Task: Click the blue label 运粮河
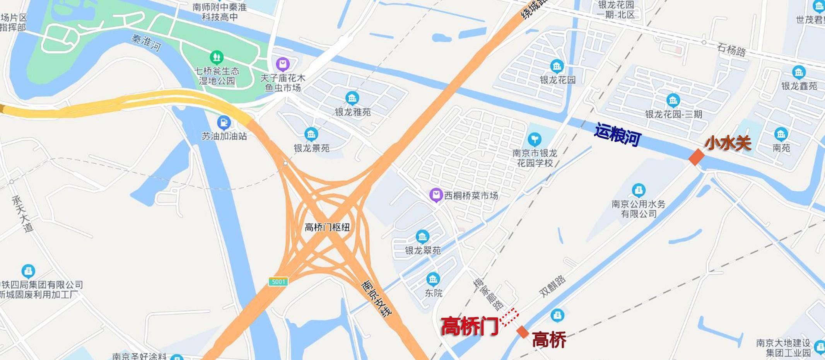pyautogui.click(x=618, y=134)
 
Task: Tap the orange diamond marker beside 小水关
pyautogui.click(x=696, y=157)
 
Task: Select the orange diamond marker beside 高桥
pyautogui.click(x=523, y=332)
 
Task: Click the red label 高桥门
pyautogui.click(x=470, y=326)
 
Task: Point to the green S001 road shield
pyautogui.click(x=278, y=282)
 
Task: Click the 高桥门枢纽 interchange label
pyautogui.click(x=327, y=227)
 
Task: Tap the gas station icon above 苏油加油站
pyautogui.click(x=224, y=123)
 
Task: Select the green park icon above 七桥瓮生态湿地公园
pyautogui.click(x=216, y=58)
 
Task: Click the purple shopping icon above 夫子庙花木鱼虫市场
pyautogui.click(x=283, y=64)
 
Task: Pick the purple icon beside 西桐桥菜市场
pyautogui.click(x=436, y=195)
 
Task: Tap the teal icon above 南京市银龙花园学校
pyautogui.click(x=535, y=138)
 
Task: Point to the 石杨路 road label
pyautogui.click(x=731, y=50)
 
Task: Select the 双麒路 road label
pyautogui.click(x=553, y=286)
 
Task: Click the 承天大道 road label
pyautogui.click(x=22, y=213)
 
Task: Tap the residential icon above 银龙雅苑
pyautogui.click(x=352, y=98)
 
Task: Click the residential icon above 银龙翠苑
pyautogui.click(x=422, y=236)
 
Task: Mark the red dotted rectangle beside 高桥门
pyautogui.click(x=509, y=317)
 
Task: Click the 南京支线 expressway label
pyautogui.click(x=377, y=297)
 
